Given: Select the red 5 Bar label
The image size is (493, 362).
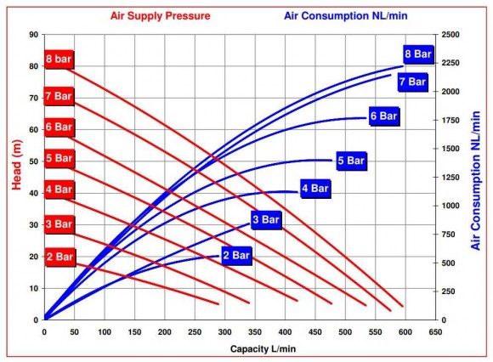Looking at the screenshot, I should point(59,158).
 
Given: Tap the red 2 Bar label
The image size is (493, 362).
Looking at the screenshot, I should point(59,255).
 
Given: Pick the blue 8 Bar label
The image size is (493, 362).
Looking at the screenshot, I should point(419,55).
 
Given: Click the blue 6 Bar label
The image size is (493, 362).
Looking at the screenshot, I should point(383,116).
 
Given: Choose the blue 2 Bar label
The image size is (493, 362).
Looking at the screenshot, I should point(236,255).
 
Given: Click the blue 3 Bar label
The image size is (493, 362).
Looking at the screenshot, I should point(265,220).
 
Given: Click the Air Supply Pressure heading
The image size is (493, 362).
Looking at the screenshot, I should point(161,15).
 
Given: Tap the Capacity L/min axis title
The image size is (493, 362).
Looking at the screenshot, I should point(262,348).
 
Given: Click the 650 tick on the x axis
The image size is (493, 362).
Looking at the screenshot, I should point(435,332).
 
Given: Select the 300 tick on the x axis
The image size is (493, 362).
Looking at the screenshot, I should point(224,332).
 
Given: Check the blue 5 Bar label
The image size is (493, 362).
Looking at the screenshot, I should point(351,161).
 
